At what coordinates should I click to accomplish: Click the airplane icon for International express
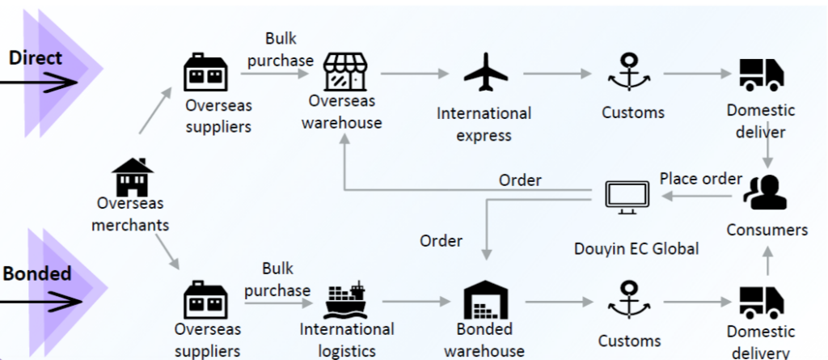pos(485,74)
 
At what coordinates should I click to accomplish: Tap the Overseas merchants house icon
pos(133,177)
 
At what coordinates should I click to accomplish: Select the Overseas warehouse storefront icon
pos(345,74)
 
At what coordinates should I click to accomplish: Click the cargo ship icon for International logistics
pos(346,301)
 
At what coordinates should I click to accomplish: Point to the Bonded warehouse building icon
pos(486,300)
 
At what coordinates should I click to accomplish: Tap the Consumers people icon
pos(766,193)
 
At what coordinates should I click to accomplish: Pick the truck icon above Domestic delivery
pos(762,301)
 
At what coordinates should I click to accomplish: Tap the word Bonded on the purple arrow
pos(37,273)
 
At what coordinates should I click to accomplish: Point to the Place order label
pos(700,178)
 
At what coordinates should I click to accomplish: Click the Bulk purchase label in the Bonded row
pos(277,279)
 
